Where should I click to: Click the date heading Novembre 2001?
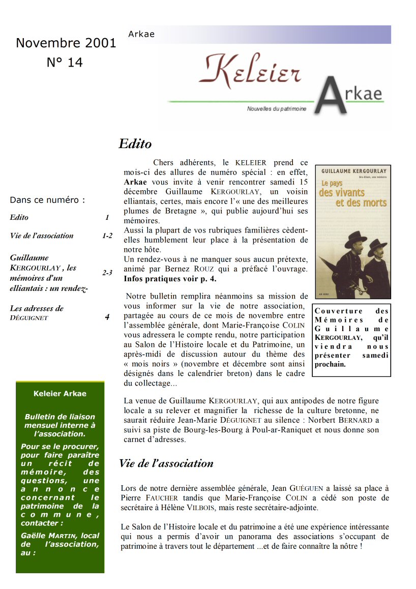(66, 43)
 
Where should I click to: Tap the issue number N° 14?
(65, 63)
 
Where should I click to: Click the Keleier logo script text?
(249, 72)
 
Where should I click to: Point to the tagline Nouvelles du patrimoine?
(276, 109)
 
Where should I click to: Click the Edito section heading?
(135, 144)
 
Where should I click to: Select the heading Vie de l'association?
(166, 463)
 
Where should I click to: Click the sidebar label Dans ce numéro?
(48, 200)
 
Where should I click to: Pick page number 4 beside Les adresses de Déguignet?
(107, 317)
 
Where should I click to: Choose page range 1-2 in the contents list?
(107, 235)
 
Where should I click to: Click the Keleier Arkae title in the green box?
(60, 393)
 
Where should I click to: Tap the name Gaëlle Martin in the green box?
(51, 536)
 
